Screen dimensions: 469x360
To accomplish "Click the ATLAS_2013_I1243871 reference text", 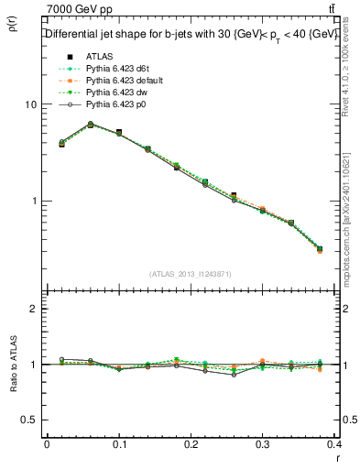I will click(x=191, y=274).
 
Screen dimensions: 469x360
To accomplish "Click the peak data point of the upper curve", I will click(x=90, y=124).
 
